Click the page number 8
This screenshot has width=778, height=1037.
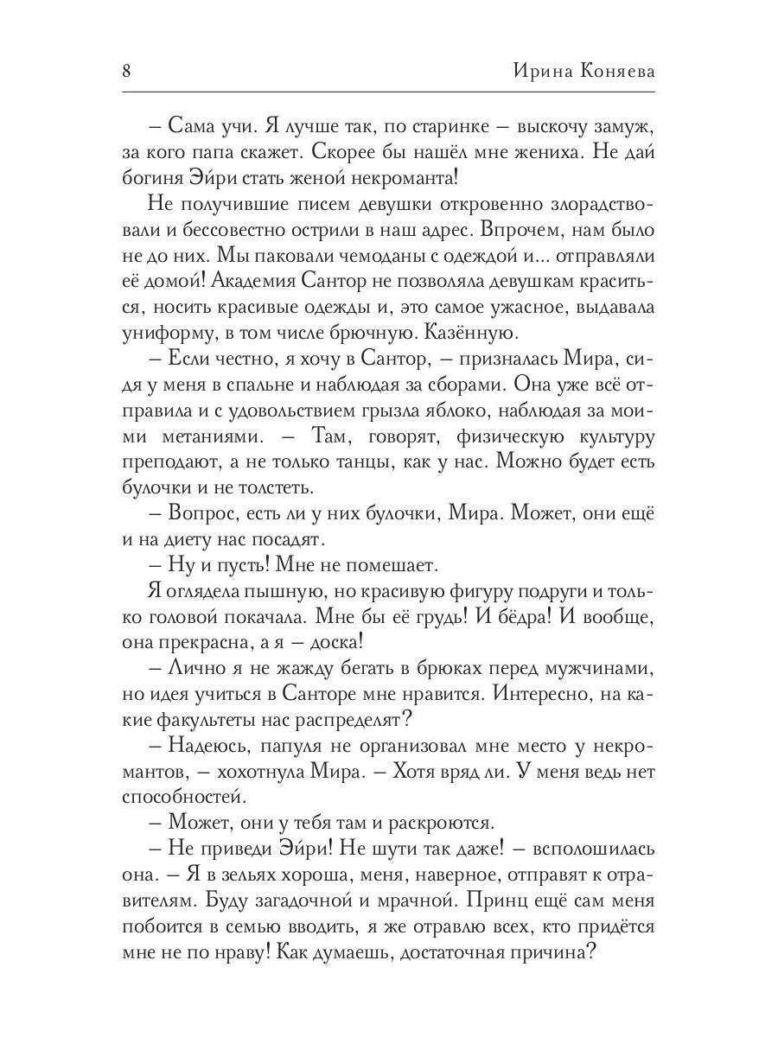tap(127, 72)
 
